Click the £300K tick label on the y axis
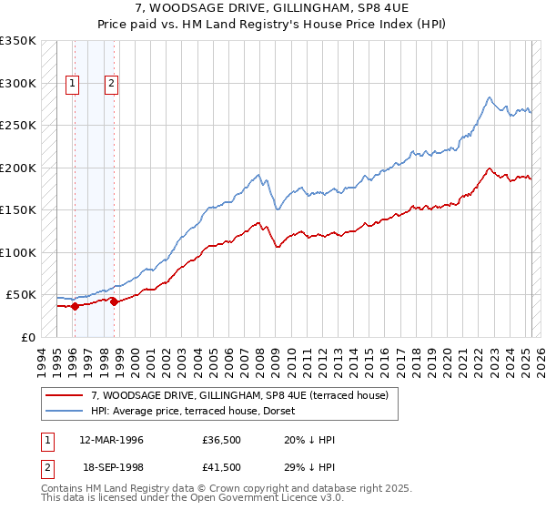(x=18, y=83)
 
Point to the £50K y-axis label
(x=21, y=295)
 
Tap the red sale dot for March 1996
(x=75, y=306)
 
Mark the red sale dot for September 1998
(x=115, y=302)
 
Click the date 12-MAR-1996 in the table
(x=111, y=440)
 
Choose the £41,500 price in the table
(x=222, y=467)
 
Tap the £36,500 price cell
(x=222, y=440)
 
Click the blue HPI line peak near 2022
(x=490, y=97)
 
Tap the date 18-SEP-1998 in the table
(x=111, y=467)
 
